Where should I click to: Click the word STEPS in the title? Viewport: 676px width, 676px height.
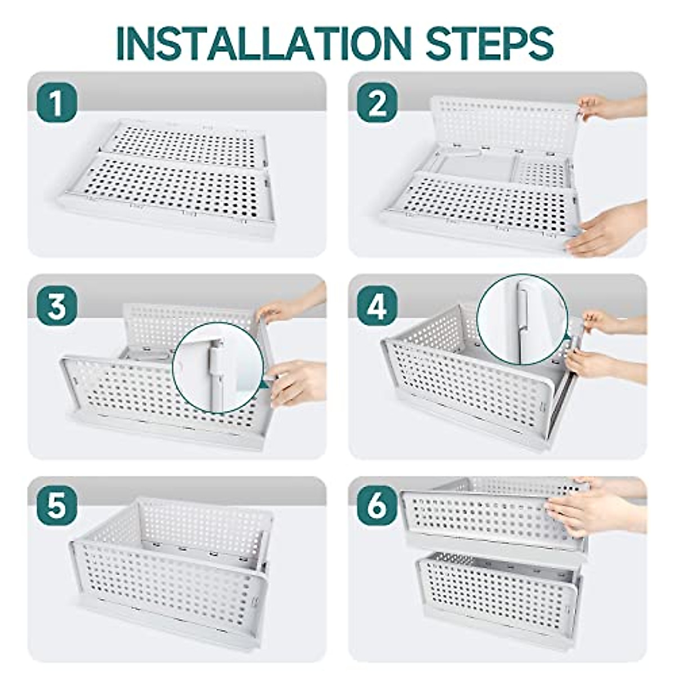coord(491,43)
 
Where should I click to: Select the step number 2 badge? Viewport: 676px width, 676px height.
coord(377,103)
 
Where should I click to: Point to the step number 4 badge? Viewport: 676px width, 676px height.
coord(377,306)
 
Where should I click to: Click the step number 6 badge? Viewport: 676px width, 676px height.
coord(377,508)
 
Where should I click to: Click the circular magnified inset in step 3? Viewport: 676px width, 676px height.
coord(220,367)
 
